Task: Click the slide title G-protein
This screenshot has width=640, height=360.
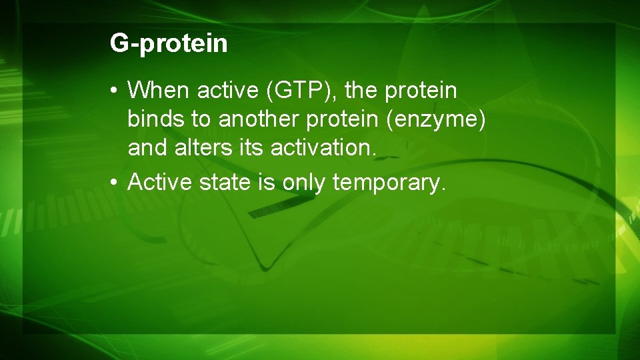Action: (169, 44)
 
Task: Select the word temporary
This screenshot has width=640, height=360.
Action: (389, 181)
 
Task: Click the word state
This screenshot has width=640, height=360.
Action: (224, 181)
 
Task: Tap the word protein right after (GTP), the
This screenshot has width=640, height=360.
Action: (421, 90)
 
